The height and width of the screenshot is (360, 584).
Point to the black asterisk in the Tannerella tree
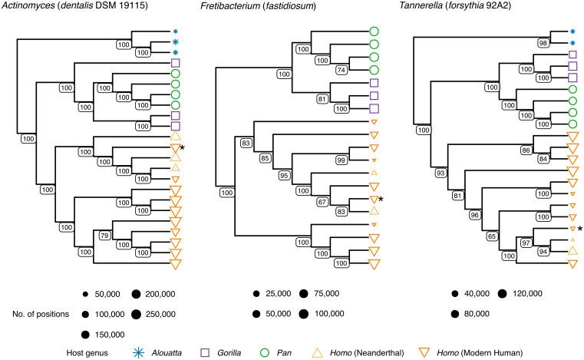tap(580, 230)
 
